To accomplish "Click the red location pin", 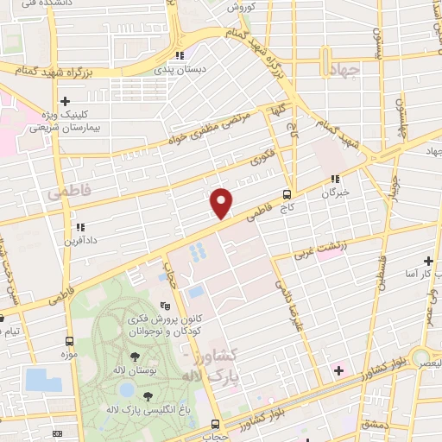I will click(222, 203).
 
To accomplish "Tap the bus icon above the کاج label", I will click(287, 193).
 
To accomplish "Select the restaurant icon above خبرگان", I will click(334, 180).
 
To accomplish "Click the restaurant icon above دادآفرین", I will click(79, 227).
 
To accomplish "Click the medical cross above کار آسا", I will click(428, 260).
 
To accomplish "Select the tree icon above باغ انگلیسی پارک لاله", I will click(148, 396).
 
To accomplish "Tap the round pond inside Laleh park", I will click(116, 405).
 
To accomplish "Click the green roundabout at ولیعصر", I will click(421, 357).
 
